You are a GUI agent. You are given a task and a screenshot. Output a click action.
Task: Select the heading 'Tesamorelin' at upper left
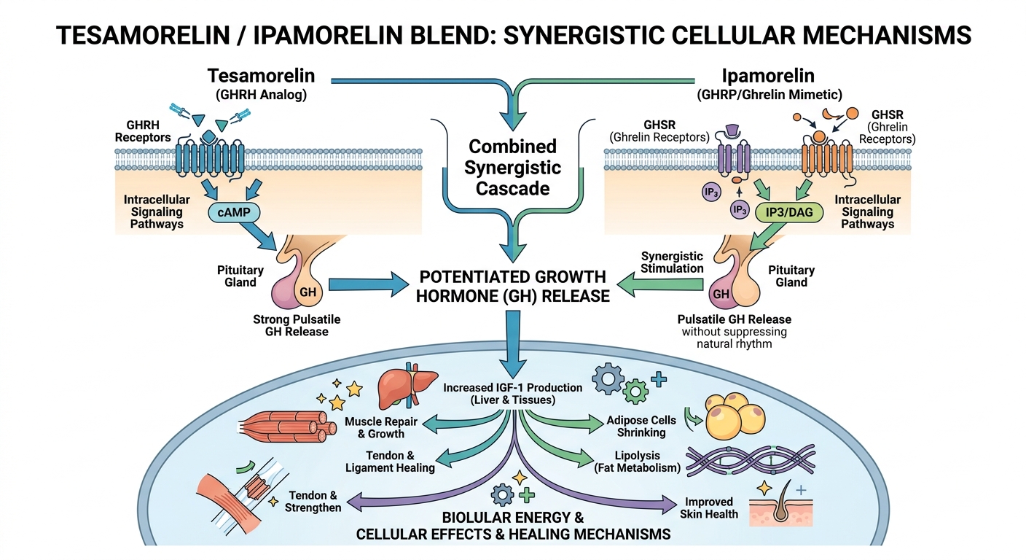coord(262,75)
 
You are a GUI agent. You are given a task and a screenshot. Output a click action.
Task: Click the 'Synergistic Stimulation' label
coord(672,262)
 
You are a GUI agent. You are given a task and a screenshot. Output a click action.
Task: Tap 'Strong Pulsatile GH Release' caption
coord(297,326)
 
